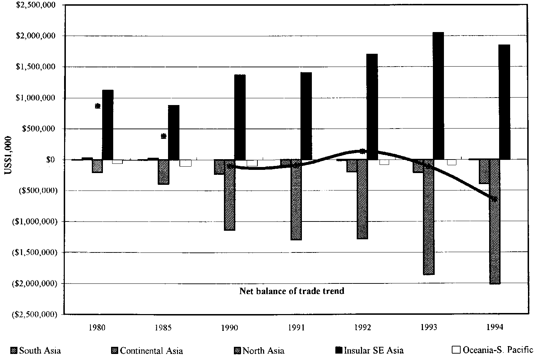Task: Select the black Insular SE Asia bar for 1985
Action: (x=174, y=132)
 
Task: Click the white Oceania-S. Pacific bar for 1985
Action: (x=185, y=163)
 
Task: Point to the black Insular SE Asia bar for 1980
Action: (x=108, y=125)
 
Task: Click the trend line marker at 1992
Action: (x=363, y=151)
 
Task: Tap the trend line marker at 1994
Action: (x=494, y=199)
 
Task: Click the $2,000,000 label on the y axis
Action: (x=36, y=36)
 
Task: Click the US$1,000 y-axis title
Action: (x=7, y=156)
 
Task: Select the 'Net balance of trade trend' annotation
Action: (x=292, y=291)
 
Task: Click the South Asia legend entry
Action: (x=36, y=350)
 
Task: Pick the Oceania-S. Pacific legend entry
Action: (x=493, y=350)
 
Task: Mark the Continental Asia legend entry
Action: (x=147, y=350)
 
